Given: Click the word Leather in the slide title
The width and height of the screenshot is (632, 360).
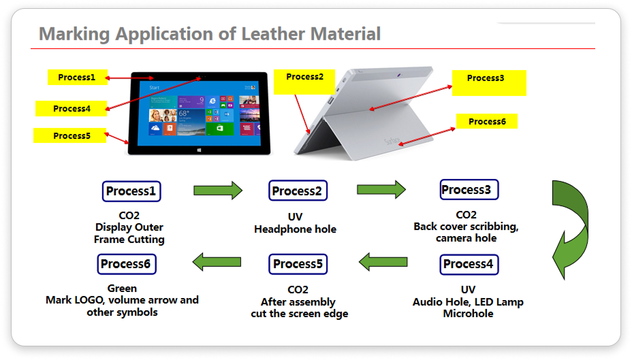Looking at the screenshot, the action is coord(272,34).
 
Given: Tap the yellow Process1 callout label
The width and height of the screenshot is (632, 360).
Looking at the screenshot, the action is coord(78,78).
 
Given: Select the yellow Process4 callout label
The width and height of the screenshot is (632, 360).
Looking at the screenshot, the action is coord(72,109).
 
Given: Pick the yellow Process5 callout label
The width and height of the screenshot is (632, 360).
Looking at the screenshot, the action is coord(69,135).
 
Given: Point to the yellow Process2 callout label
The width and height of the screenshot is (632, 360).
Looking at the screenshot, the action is coord(304,82).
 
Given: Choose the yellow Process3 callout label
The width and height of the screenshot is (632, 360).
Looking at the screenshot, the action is coord(489,82).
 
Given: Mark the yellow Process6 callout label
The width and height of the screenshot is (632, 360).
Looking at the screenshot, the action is coord(486,121).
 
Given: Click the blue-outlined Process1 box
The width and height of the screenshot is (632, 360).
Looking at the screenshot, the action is coord(131,191).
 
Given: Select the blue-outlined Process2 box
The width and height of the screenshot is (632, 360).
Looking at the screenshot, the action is coord(298,191).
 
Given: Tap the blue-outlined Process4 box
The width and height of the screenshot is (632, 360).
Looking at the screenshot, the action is coord(469,265).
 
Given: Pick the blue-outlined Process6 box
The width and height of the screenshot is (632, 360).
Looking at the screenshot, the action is coord(127,264).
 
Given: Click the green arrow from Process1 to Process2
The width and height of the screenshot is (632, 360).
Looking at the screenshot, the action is coord(218,191).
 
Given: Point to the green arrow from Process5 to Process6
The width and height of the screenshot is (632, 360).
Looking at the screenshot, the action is coord(217,262).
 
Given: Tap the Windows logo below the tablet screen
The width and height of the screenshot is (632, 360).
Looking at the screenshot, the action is coord(199,150).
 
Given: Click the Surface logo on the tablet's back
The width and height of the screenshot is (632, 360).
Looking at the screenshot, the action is coord(392,141).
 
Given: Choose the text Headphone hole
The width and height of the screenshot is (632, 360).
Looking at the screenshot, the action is coord(295,229).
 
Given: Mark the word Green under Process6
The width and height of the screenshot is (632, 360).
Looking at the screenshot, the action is coord(122,289).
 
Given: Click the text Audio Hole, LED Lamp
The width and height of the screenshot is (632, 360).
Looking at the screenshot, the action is coord(468,302).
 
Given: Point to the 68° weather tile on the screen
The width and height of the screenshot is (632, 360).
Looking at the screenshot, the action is coord(191,121).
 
